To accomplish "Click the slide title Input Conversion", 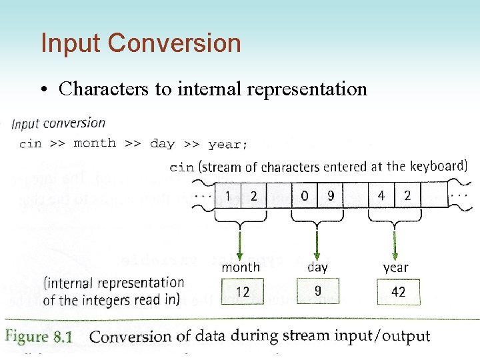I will [x=141, y=43].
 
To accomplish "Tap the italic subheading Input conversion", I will [x=59, y=123].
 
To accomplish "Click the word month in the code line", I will [x=94, y=143].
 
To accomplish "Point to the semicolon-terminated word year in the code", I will [x=227, y=144].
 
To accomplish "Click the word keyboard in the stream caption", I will [x=438, y=166].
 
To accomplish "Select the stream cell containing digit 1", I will [x=229, y=196].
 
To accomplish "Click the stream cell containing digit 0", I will [x=305, y=196].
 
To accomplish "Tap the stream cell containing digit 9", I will [x=330, y=196].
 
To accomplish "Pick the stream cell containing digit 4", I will [x=381, y=196].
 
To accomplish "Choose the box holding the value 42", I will [x=398, y=292].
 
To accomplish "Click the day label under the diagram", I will [x=317, y=267].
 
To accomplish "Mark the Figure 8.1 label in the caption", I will [x=39, y=337].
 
